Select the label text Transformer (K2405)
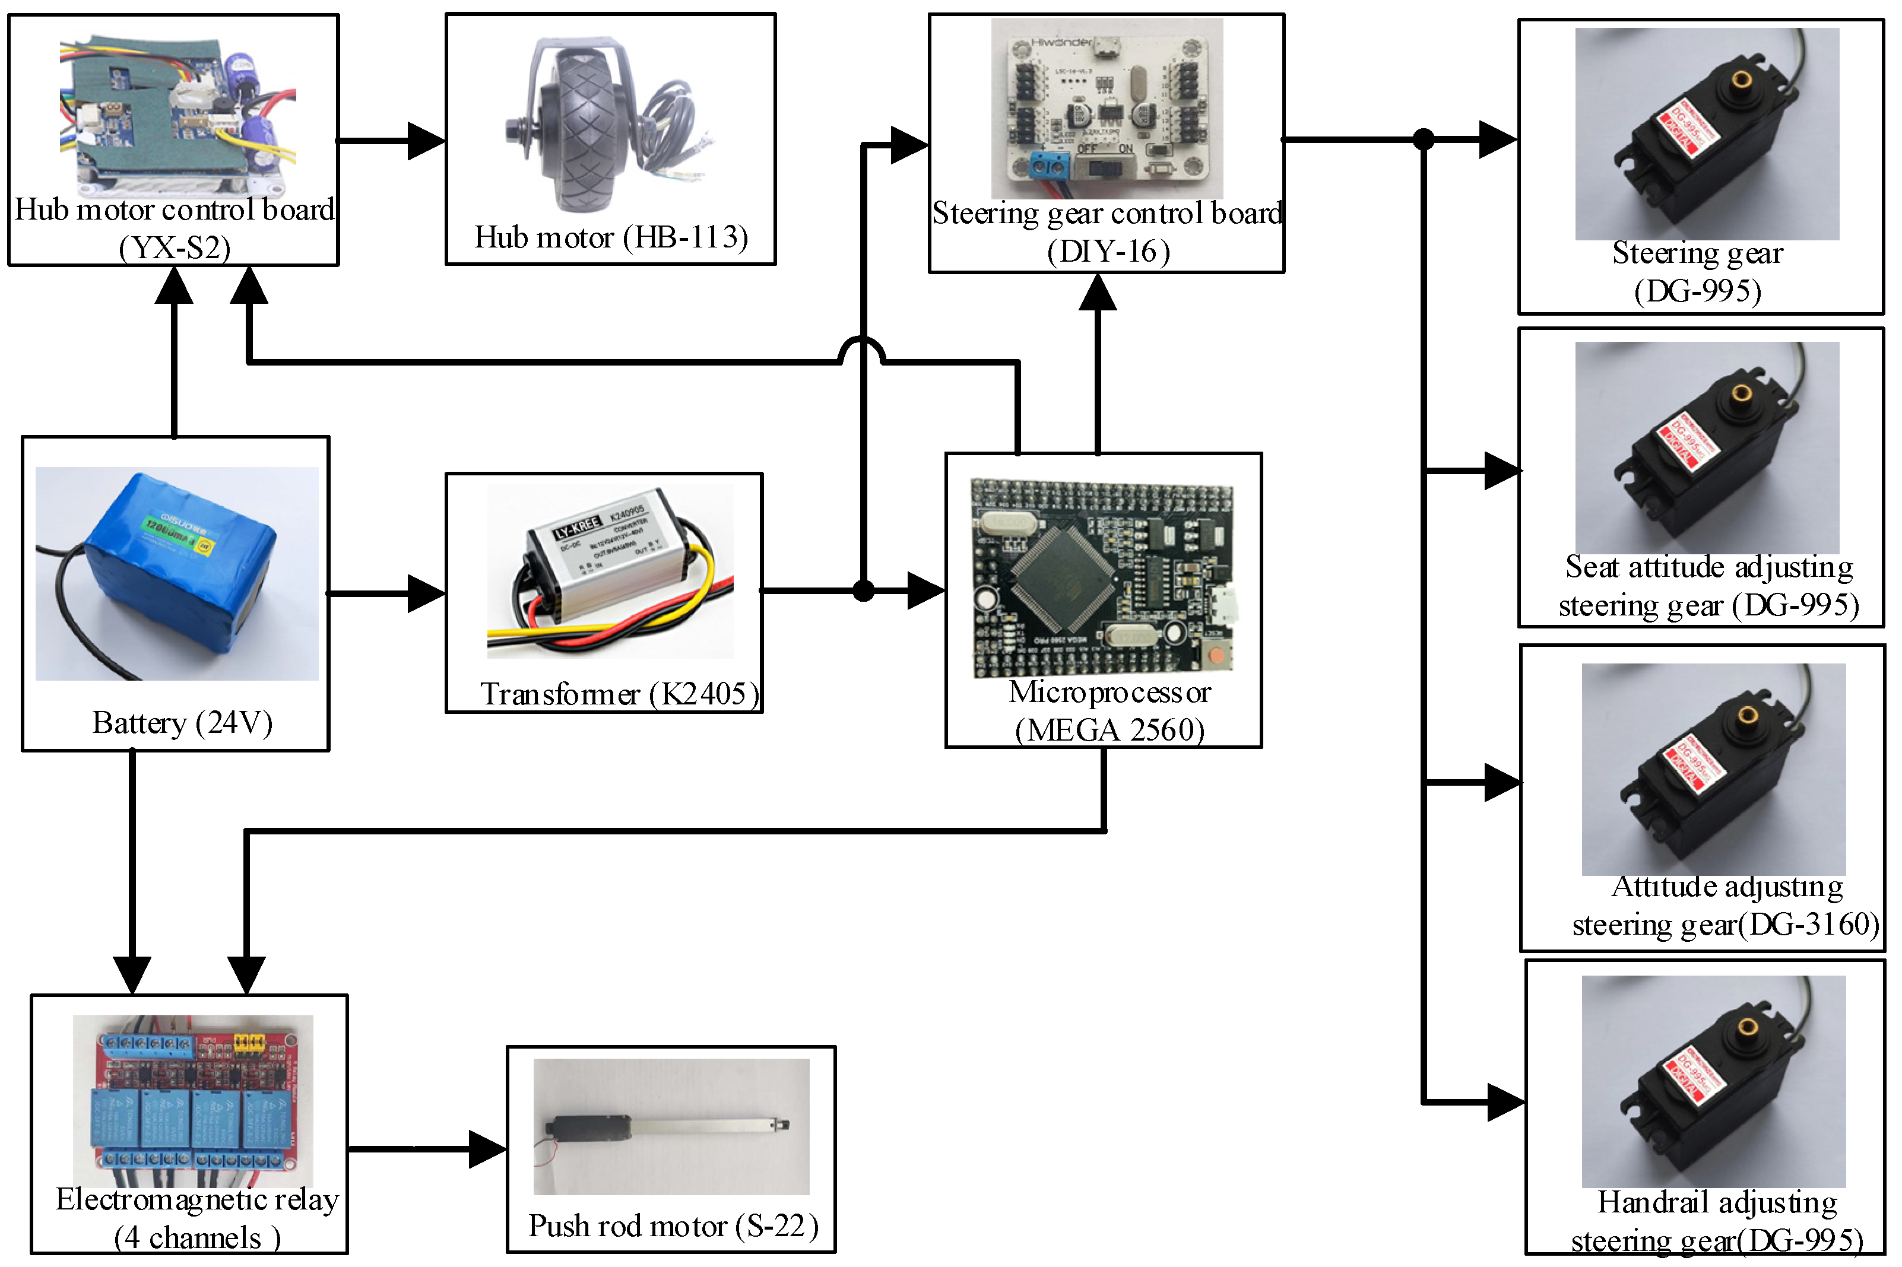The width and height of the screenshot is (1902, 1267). click(x=619, y=693)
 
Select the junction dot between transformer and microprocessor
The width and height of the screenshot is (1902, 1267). click(x=863, y=590)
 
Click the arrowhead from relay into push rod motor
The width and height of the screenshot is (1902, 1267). click(x=487, y=1148)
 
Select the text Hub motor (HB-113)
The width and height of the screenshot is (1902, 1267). click(x=610, y=237)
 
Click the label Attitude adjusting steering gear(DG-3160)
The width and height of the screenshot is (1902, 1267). click(x=1725, y=905)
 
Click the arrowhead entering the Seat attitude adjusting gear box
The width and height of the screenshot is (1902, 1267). click(x=1502, y=470)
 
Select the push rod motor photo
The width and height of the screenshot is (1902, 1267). click(x=671, y=1126)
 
